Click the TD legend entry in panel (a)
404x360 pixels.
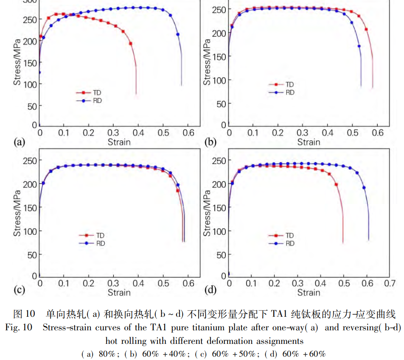[97, 92]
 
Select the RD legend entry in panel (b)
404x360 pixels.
[290, 92]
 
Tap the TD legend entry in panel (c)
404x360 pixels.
[100, 235]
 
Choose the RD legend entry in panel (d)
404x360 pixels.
[290, 243]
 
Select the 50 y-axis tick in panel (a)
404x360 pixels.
[31, 106]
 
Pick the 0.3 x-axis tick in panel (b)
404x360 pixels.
[303, 132]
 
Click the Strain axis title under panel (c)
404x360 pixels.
[119, 293]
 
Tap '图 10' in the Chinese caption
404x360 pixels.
[24, 314]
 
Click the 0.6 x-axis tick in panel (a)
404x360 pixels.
[188, 132]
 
